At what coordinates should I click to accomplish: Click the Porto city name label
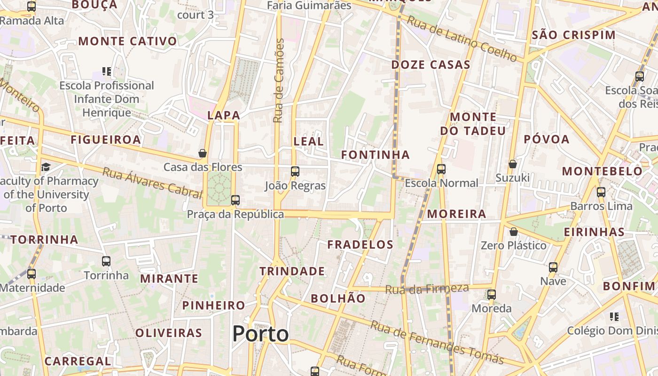pos(260,334)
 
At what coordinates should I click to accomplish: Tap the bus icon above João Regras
pos(295,172)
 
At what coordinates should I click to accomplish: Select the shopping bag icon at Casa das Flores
pos(203,153)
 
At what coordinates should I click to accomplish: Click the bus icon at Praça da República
pos(235,200)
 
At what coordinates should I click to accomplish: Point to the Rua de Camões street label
pos(279,81)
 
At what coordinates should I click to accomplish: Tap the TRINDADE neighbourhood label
pos(292,271)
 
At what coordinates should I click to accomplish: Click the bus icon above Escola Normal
pos(441,169)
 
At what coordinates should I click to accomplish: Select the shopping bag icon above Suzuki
pos(513,164)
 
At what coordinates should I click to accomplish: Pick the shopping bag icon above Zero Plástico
pos(514,232)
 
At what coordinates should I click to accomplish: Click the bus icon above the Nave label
pos(553,267)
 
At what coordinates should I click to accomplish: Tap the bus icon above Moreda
pos(492,295)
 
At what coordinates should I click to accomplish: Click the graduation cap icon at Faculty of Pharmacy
pos(46,167)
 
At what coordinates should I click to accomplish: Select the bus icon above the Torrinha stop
pos(106,261)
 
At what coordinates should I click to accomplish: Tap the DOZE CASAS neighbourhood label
pos(431,65)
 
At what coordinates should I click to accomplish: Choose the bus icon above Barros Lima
pos(601,192)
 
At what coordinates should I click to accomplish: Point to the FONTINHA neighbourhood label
pos(375,155)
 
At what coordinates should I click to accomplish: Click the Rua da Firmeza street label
pos(427,289)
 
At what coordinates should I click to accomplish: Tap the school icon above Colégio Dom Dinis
pos(614,317)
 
